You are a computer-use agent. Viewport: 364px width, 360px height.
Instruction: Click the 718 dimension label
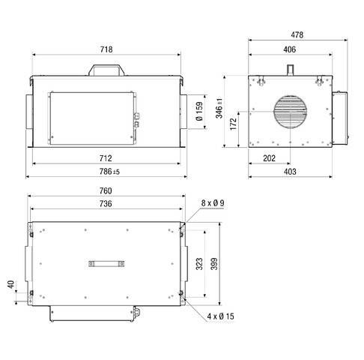[x=106, y=49]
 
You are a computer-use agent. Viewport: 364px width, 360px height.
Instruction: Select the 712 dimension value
[x=106, y=158]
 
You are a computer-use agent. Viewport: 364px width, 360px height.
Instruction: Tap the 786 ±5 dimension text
[x=106, y=172]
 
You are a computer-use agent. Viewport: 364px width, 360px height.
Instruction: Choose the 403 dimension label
[x=290, y=172]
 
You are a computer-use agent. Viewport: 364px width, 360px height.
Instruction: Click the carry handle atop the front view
[x=106, y=70]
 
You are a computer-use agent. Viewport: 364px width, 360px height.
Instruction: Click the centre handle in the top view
[x=106, y=262]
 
